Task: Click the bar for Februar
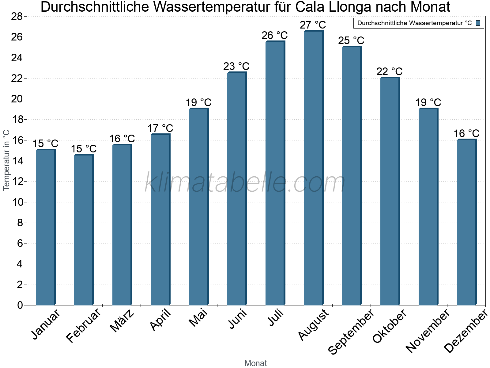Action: (84, 230)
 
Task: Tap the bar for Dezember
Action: (466, 222)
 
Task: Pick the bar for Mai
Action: (198, 207)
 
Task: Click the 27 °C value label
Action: (313, 25)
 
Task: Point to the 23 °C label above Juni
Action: (236, 66)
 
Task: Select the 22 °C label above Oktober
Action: (389, 71)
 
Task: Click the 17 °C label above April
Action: (160, 128)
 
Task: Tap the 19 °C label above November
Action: (428, 102)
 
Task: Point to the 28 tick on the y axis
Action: (17, 17)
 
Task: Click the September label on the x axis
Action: (351, 331)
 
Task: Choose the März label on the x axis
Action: (122, 320)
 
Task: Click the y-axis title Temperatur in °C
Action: (6, 160)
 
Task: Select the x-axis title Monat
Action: (255, 363)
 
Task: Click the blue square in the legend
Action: (478, 23)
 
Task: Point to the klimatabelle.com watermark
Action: (245, 183)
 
